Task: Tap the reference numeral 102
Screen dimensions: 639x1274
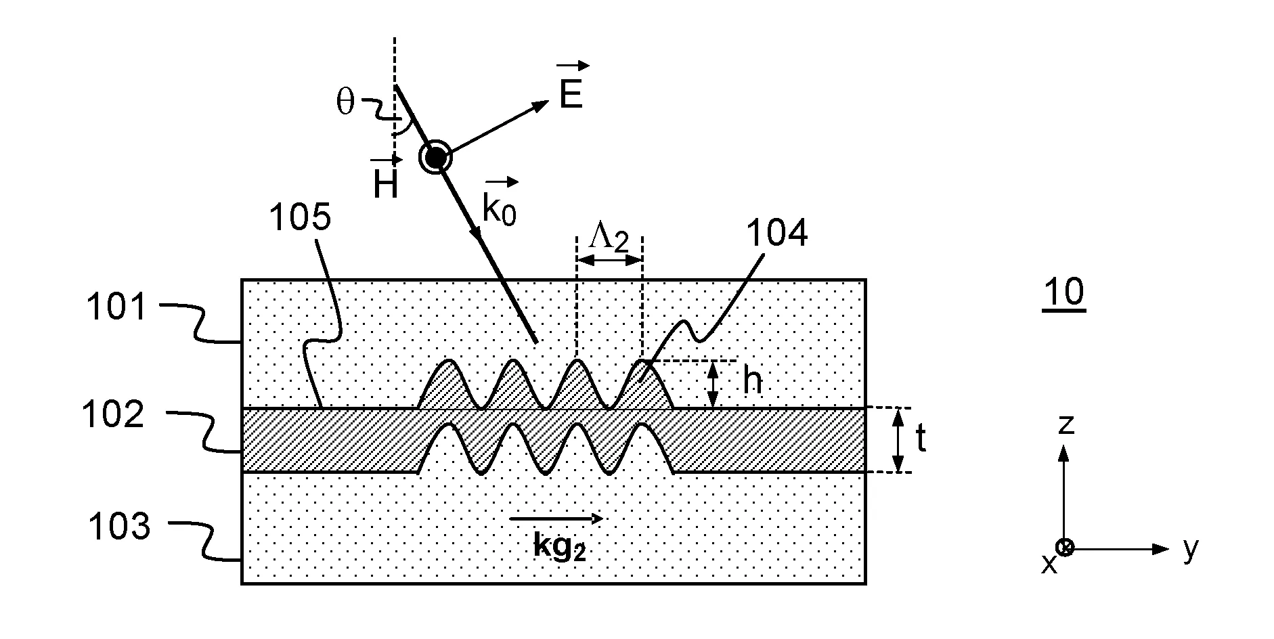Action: click(113, 414)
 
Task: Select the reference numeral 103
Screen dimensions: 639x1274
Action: click(119, 526)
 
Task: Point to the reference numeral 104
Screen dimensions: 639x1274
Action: click(776, 234)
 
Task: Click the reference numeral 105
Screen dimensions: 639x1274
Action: click(300, 218)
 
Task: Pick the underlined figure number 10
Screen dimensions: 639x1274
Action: click(1064, 292)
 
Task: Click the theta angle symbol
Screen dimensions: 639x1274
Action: click(345, 103)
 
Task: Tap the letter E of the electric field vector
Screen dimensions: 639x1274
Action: click(571, 95)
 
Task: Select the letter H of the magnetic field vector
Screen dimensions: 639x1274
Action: click(386, 184)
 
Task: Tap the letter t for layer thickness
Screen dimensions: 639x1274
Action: click(921, 439)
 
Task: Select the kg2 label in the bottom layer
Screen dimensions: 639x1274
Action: click(558, 546)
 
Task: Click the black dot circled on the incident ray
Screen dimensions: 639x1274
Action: click(435, 158)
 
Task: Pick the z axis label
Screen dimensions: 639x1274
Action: click(1066, 424)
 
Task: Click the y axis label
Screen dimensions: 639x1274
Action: click(1191, 548)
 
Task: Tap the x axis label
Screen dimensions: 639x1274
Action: click(1049, 563)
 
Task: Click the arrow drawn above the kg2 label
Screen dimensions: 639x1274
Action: click(556, 519)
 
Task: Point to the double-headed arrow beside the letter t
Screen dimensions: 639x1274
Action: click(898, 440)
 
